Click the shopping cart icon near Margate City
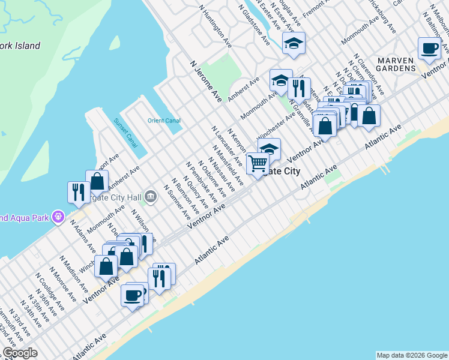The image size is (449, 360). [x=258, y=163]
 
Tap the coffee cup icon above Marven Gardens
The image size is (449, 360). [x=429, y=49]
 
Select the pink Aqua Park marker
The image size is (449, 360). [x=58, y=216]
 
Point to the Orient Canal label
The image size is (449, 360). [x=164, y=121]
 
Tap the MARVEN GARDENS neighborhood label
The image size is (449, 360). [x=396, y=64]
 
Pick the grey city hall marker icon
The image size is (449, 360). [x=150, y=195]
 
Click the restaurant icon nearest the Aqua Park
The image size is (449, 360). [x=78, y=192]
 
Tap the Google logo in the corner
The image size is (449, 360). [x=20, y=353]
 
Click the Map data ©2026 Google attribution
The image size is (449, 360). [x=412, y=355]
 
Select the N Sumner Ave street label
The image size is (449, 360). [x=176, y=204]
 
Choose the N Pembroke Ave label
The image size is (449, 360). [x=201, y=178]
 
